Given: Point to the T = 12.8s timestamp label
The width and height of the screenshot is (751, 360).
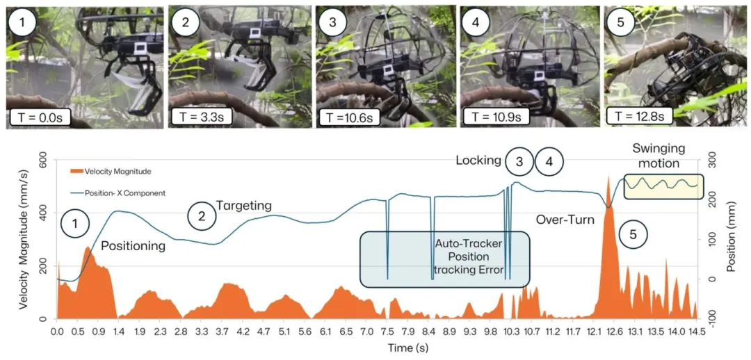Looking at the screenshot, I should coord(639,114).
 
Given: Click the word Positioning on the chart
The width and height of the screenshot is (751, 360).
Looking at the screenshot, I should coord(134,245).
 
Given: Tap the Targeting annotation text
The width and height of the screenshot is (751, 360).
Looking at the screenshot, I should coord(243,206).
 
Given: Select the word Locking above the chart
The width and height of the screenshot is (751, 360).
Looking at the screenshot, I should coord(478,161).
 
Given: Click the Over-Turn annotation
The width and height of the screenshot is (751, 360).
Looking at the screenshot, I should coord(565,220).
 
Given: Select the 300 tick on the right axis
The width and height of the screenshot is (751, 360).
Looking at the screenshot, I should coord(713,161).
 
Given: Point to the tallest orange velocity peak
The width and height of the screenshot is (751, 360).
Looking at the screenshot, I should coord(608,179).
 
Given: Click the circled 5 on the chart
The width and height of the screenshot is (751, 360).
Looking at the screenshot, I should coord(632,235).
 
